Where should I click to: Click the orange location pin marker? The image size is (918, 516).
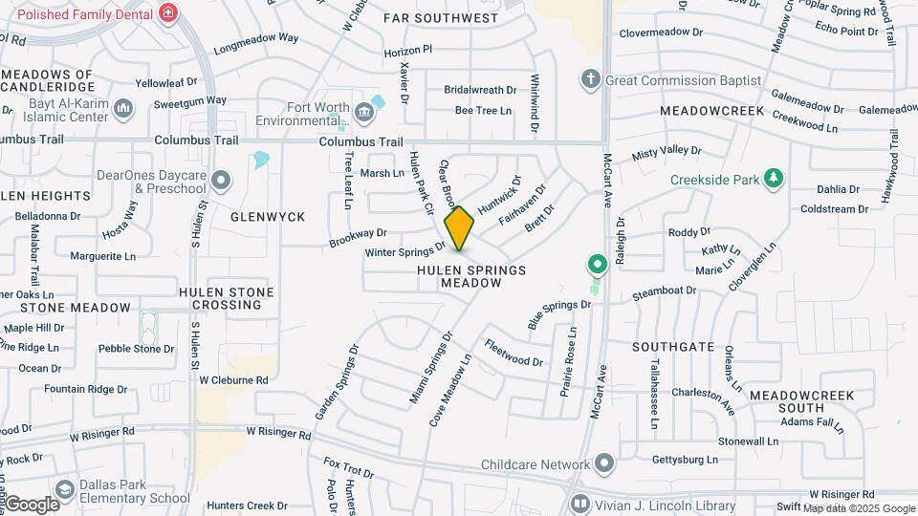(x=460, y=229)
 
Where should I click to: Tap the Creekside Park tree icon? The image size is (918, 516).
(x=776, y=179)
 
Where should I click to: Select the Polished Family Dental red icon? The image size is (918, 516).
(x=168, y=13)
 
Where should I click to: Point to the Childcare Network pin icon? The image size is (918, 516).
(x=603, y=464)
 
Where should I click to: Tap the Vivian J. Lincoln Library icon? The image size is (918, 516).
(x=579, y=504)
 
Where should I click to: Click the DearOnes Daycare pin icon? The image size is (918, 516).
(x=221, y=180)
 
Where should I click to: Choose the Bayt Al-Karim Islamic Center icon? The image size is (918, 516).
(x=122, y=110)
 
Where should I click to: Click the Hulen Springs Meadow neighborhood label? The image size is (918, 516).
(x=471, y=277)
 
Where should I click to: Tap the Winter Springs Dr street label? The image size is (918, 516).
(x=406, y=250)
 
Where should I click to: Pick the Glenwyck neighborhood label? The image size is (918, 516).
(x=268, y=217)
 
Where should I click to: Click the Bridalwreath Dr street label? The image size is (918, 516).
(x=480, y=90)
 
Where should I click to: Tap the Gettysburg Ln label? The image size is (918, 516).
(x=685, y=460)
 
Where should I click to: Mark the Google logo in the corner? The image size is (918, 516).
(x=32, y=504)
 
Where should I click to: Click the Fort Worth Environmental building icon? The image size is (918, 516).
(x=364, y=113)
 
